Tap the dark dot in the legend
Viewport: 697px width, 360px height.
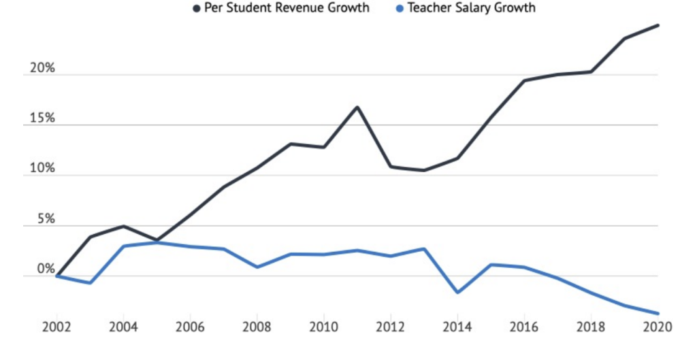click(x=197, y=9)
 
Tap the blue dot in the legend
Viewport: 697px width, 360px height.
click(x=400, y=9)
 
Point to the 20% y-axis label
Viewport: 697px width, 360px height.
click(x=42, y=69)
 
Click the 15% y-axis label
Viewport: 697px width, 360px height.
click(x=42, y=119)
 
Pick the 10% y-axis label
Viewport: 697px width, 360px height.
click(x=42, y=169)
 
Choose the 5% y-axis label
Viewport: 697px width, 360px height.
click(x=45, y=220)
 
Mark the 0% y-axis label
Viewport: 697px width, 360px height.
click(x=45, y=270)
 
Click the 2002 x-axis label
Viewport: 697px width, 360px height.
click(x=56, y=326)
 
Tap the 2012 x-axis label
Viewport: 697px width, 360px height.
click(x=389, y=326)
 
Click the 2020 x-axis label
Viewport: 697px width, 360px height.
click(x=657, y=326)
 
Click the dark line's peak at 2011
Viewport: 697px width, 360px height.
click(x=357, y=107)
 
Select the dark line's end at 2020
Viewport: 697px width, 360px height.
click(x=658, y=25)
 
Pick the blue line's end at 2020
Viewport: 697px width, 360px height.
click(x=658, y=313)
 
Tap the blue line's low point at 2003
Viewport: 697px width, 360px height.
click(x=90, y=283)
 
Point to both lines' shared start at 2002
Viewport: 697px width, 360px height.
click(x=57, y=276)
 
